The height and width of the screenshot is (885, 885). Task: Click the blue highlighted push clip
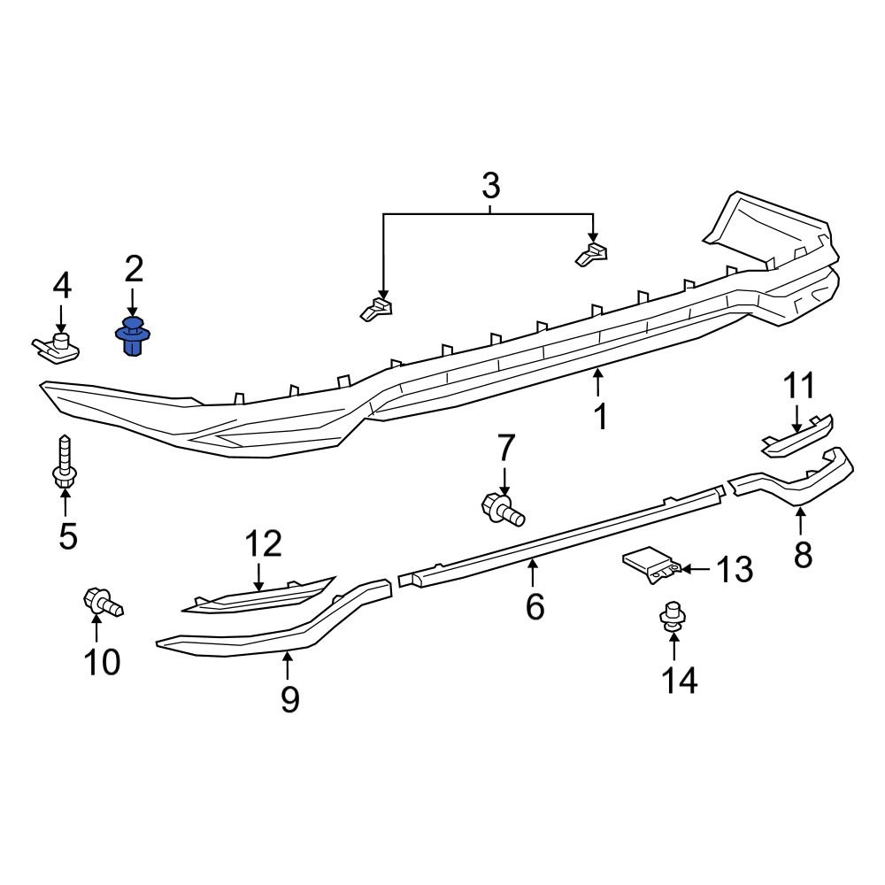133,336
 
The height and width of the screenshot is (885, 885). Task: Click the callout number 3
490,187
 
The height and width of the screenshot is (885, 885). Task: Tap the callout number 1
600,416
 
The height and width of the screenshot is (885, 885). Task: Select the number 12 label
263,544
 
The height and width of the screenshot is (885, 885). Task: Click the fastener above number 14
673,615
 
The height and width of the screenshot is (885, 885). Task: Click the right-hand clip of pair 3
592,253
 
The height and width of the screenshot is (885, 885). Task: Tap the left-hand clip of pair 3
377,308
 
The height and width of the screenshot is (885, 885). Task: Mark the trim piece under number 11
796,437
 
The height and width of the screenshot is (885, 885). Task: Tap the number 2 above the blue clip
133,267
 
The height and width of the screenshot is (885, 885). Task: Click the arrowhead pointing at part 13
683,567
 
